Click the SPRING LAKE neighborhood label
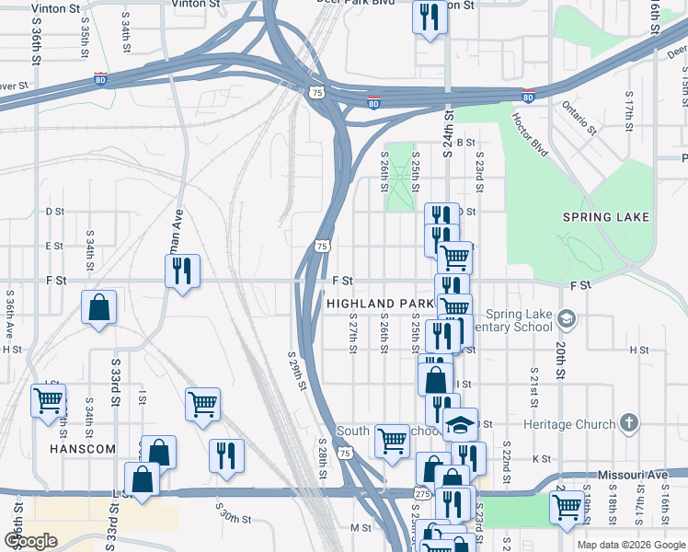pos(606,217)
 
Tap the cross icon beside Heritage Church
pos(628,423)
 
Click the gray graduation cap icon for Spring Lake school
pos(568,319)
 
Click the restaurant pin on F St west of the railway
pos(182,270)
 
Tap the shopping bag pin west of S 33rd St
pos(98,308)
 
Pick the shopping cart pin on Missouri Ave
pos(567,506)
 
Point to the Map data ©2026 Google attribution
pos(631,545)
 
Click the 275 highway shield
pos(422,493)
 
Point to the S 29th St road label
pos(295,370)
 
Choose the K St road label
pos(541,458)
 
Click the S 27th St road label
pos(352,337)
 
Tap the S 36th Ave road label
pos(8,312)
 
